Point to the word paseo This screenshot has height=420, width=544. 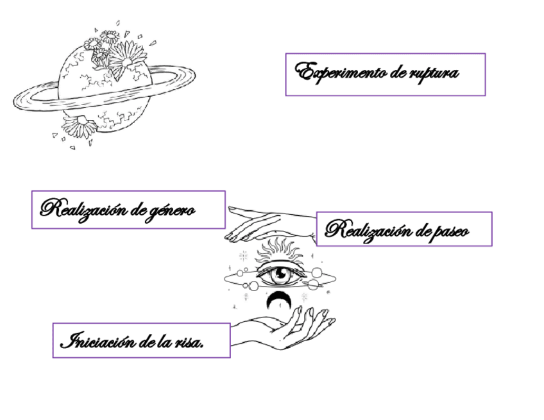(x=449, y=231)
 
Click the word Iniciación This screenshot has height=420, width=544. (x=97, y=340)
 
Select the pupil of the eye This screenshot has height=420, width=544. (x=280, y=275)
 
